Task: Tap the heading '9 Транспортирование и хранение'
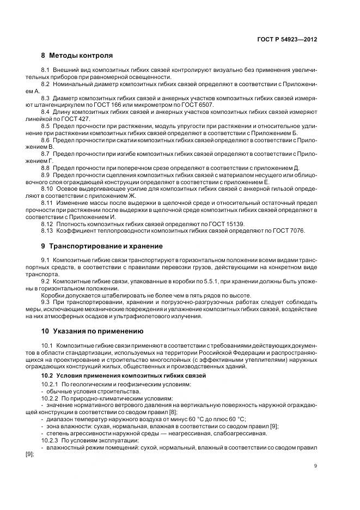[x=102, y=246]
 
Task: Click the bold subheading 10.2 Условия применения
[x=124, y=377]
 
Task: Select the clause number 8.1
[x=46, y=70]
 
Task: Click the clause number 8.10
[x=48, y=189]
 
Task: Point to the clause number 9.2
[x=46, y=281]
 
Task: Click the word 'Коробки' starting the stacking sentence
[x=53, y=295]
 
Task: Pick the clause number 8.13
[x=48, y=231]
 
